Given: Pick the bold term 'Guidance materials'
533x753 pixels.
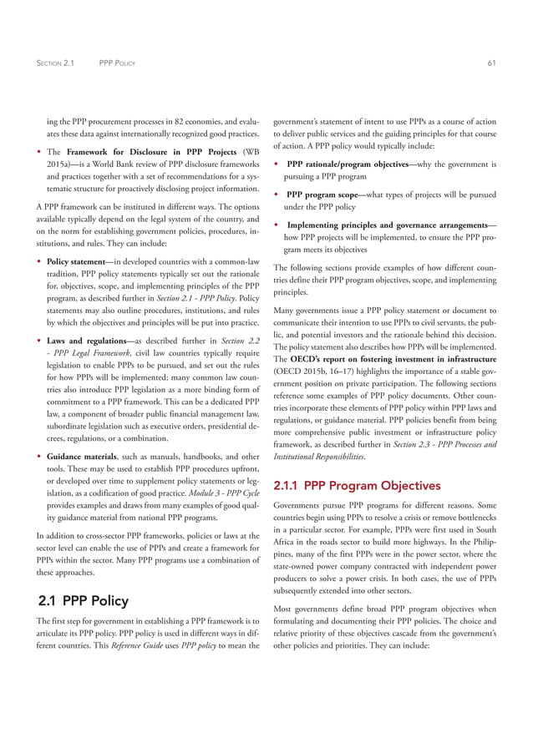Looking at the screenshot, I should tap(89, 457).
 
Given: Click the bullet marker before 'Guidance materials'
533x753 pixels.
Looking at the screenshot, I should tap(40, 457).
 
